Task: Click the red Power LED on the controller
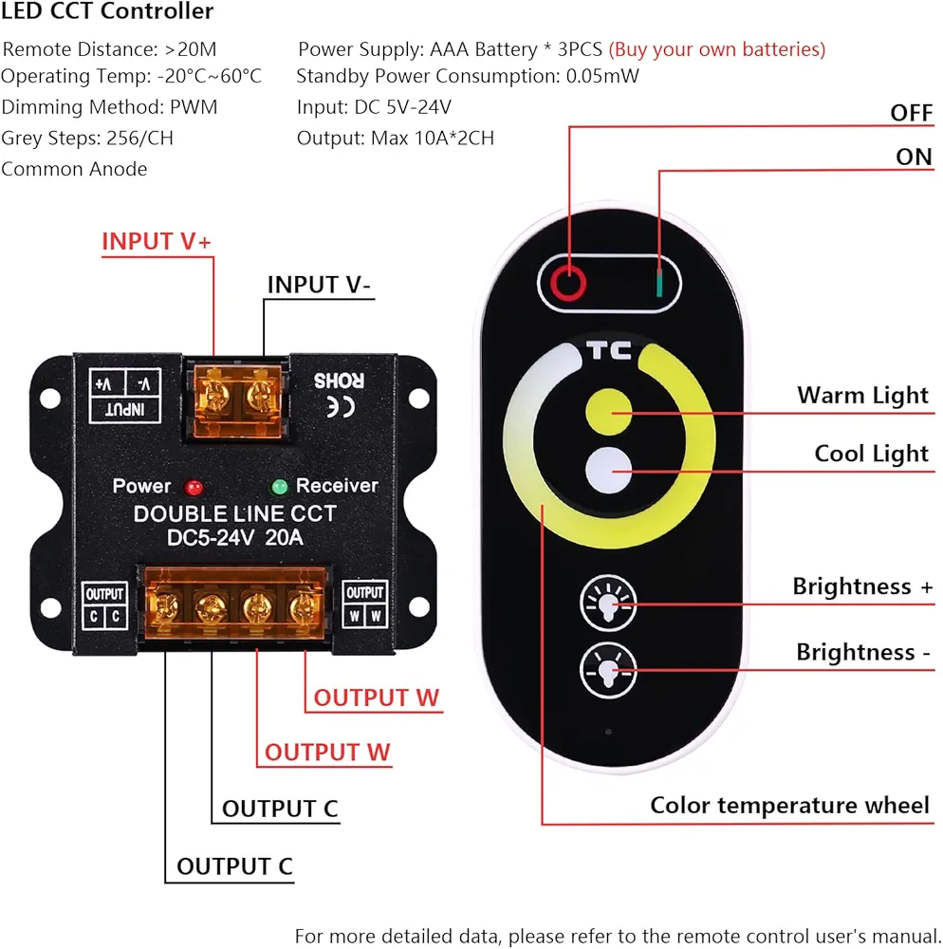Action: point(194,487)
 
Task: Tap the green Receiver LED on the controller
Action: point(279,487)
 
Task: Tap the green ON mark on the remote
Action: point(656,281)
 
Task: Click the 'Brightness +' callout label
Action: point(862,586)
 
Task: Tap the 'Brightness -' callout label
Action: point(862,652)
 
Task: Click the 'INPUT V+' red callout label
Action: point(157,241)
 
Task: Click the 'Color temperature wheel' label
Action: point(789,806)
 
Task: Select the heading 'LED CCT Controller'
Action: point(107,12)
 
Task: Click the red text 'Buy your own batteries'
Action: point(717,49)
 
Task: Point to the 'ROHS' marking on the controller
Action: point(339,380)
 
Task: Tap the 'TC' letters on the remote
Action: point(609,352)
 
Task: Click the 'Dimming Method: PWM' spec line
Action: point(109,107)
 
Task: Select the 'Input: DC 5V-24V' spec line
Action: point(374,107)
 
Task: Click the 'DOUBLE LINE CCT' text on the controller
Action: point(234,514)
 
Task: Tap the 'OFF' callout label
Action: point(911,113)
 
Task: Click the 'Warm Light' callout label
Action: point(862,395)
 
